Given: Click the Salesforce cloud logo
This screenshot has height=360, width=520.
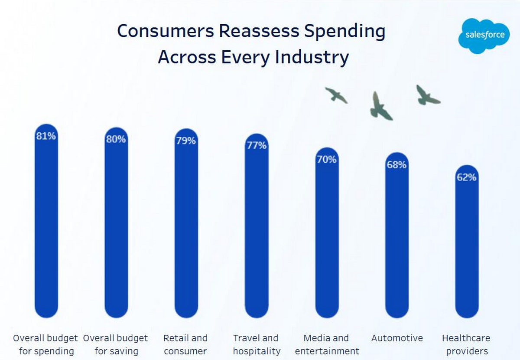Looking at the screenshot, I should [x=484, y=36].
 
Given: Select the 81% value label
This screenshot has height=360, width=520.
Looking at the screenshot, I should [x=46, y=136].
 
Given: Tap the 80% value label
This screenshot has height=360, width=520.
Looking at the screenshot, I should [x=116, y=139].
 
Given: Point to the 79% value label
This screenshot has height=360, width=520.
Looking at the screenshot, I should [x=185, y=141].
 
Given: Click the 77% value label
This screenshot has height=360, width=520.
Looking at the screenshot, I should [x=257, y=145].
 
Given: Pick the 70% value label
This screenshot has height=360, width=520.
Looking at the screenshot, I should [x=326, y=159].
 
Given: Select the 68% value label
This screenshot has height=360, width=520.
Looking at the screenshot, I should [x=396, y=165].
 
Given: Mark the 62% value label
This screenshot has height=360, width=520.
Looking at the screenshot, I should [x=467, y=177].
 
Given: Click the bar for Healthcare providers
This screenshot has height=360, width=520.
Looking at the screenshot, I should [x=467, y=247].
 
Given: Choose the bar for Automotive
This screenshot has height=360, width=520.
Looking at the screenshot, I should [x=396, y=243].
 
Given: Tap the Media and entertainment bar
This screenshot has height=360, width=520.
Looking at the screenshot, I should [x=327, y=239].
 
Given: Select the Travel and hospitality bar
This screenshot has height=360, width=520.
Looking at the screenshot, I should [x=257, y=230].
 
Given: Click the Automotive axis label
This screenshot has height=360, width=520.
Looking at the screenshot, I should [x=397, y=338].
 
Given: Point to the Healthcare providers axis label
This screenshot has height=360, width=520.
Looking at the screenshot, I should [x=467, y=344].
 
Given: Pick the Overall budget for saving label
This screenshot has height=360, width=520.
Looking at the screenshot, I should [x=116, y=344].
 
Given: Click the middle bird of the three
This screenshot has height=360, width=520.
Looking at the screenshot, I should [x=380, y=107].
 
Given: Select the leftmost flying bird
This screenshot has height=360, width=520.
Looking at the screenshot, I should [x=336, y=95].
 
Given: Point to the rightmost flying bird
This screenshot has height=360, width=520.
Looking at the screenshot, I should [x=427, y=96].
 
